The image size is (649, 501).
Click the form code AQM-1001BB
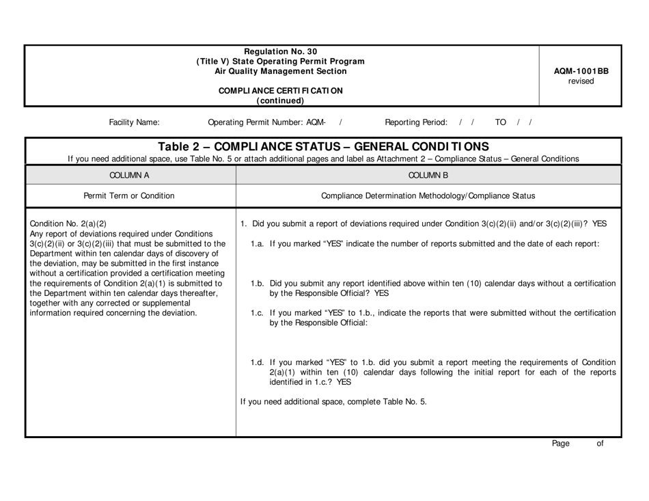tap(581, 70)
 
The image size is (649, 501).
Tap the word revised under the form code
tap(581, 81)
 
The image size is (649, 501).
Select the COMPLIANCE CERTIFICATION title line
tap(280, 91)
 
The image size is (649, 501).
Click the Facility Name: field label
tap(135, 123)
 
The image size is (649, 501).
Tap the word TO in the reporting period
tap(501, 123)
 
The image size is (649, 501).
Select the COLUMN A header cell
tap(130, 175)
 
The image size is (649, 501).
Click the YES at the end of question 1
tap(599, 224)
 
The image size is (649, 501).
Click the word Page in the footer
tap(560, 444)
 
